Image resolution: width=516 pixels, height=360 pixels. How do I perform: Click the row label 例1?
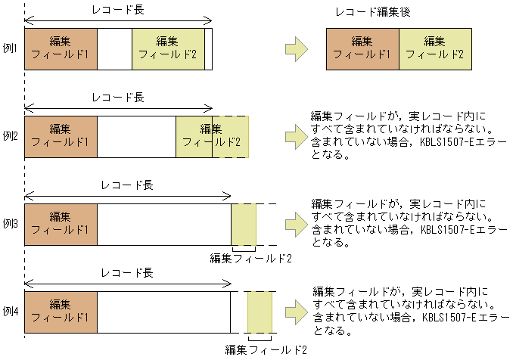tap(11, 48)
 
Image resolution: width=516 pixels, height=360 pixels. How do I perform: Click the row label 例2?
tap(11, 136)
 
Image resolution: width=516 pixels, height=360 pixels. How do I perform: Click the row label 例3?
tap(11, 224)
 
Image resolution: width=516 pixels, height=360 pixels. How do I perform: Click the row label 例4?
tap(11, 312)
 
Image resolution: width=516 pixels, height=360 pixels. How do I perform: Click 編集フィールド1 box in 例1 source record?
tap(61, 49)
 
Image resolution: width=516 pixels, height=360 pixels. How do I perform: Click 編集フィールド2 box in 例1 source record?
tap(168, 49)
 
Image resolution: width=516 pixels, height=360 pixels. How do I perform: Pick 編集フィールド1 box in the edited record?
tap(362, 49)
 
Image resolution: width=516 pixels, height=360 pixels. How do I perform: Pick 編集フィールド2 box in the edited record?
tap(435, 49)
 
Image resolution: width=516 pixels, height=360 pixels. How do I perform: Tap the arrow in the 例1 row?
tap(296, 49)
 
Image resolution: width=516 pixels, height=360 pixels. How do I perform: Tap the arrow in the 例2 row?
tap(296, 137)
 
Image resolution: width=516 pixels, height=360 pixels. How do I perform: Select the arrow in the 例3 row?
tap(296, 225)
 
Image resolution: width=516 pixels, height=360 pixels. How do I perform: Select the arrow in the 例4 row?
tap(296, 312)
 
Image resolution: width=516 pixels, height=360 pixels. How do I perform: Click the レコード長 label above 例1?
tap(117, 10)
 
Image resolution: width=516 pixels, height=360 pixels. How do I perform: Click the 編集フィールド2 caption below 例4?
tap(266, 349)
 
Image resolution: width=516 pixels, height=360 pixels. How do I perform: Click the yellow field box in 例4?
tap(260, 312)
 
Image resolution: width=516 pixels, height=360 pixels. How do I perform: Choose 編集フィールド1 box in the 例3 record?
tap(61, 225)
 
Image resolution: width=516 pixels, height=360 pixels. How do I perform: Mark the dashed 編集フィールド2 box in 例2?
tap(230, 137)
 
